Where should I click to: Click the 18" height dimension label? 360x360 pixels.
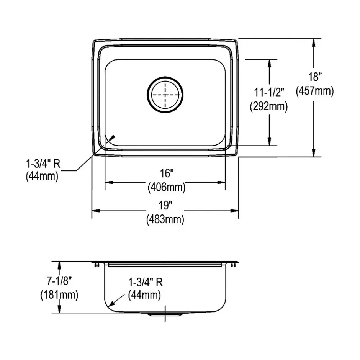[x=314, y=77]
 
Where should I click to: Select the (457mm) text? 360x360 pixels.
[x=314, y=91]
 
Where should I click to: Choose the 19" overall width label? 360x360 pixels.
[x=165, y=206]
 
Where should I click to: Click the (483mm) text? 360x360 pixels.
[x=165, y=220]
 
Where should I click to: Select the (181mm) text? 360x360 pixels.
[x=59, y=295]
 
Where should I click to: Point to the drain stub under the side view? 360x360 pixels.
[x=165, y=314]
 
